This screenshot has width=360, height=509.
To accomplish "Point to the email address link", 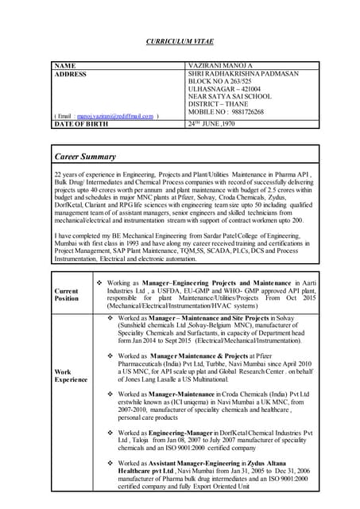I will coord(120,117).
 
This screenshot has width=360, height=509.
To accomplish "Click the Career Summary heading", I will coord(85,157).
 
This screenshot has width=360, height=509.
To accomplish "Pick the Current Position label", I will coord(67,293).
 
